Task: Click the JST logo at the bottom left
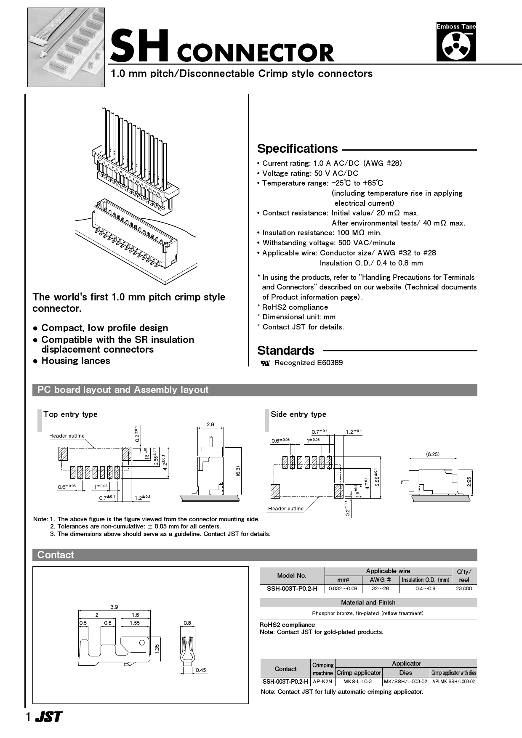[48, 717]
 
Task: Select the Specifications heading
[297, 149]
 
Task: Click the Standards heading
[285, 350]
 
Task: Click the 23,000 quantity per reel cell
[464, 589]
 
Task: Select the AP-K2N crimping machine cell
[322, 681]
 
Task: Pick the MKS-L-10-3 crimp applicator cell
[358, 681]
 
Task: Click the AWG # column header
[380, 580]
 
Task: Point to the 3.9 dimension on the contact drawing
[114, 607]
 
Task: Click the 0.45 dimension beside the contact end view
[201, 670]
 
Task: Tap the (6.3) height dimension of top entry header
[238, 471]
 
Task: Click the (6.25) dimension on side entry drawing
[432, 454]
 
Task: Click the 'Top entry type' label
[70, 414]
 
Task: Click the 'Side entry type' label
[298, 414]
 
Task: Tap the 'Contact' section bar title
[56, 555]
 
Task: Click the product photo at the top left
[66, 47]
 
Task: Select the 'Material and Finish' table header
[368, 603]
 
